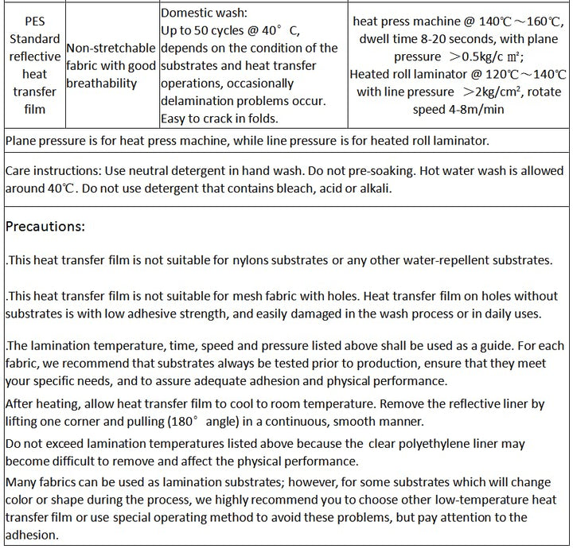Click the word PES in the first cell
coord(34,21)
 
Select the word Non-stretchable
coord(111,48)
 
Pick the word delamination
coord(199,101)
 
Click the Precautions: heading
coord(45,227)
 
